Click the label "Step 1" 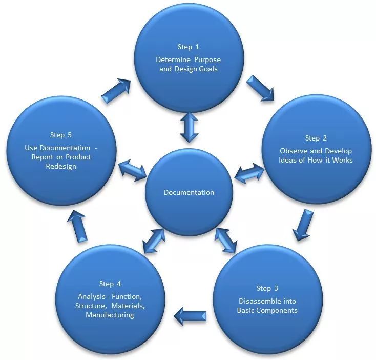coord(188,47)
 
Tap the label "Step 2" coord(316,138)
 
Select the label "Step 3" coord(267,288)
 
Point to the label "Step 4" coord(110,284)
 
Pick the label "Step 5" coord(61,135)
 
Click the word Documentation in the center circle coord(189,192)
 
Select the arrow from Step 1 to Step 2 coord(260,88)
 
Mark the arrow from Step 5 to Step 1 coord(116,91)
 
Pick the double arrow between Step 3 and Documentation coord(226,239)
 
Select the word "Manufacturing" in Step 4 coord(110,315)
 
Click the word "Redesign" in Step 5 coord(61,167)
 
